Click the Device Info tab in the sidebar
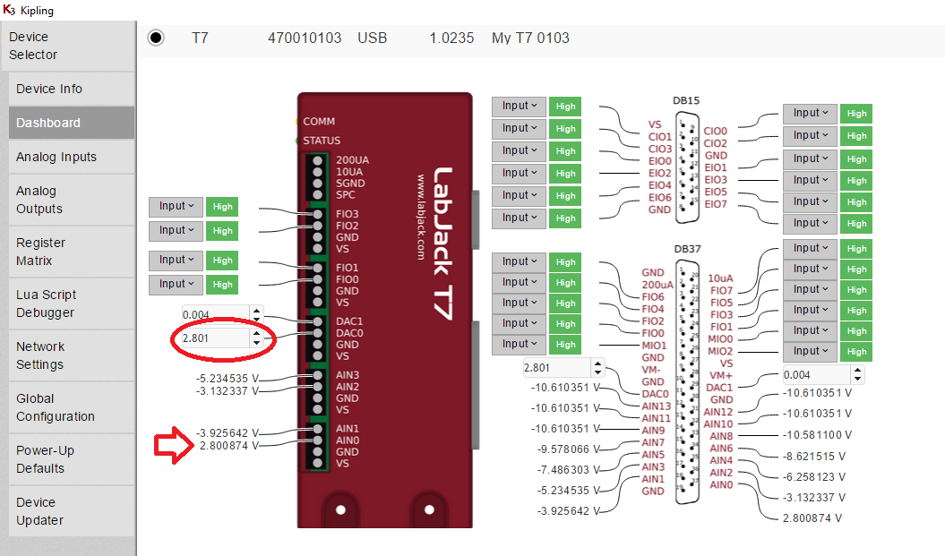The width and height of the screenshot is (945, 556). (x=49, y=89)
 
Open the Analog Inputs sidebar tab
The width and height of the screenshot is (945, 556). (x=56, y=157)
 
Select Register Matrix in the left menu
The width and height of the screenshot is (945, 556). (x=40, y=252)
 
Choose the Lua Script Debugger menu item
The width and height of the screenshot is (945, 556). (x=46, y=304)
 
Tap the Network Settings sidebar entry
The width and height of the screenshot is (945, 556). (x=40, y=355)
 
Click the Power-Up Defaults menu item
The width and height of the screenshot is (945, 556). (x=45, y=459)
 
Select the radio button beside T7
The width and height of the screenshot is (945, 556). (x=156, y=38)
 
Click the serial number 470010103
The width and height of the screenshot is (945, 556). (x=305, y=38)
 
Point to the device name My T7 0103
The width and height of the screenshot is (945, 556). (x=530, y=38)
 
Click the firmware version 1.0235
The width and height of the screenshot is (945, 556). (x=451, y=38)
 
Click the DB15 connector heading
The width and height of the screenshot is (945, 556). (x=686, y=101)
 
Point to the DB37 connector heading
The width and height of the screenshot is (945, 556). (x=686, y=249)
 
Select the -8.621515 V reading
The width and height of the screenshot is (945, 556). (x=813, y=456)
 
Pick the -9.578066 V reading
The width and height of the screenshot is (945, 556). (x=563, y=449)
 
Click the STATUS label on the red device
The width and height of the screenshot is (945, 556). (x=322, y=141)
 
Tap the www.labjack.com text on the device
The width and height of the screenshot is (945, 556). (x=419, y=218)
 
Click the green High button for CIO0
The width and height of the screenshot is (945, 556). (x=856, y=114)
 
